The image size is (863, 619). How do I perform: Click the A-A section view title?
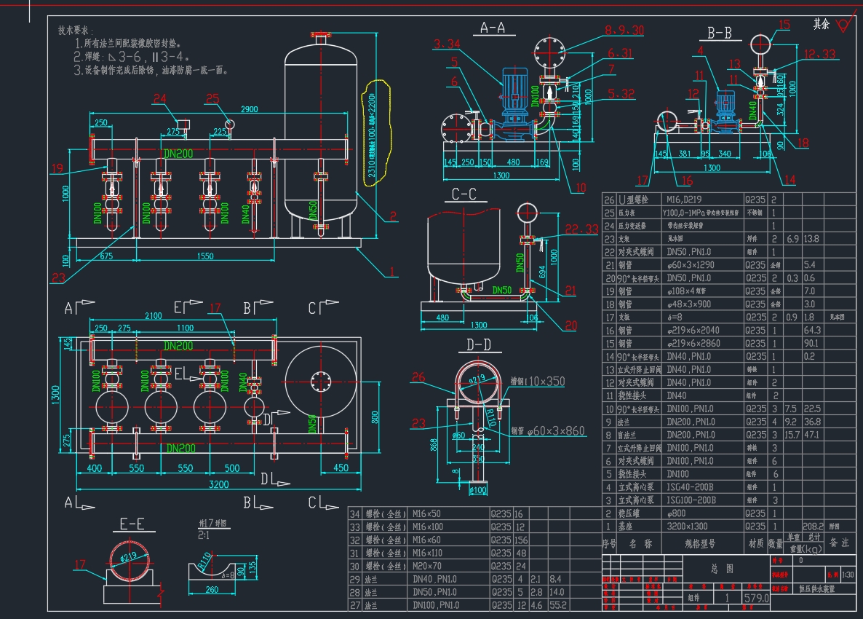click(493, 28)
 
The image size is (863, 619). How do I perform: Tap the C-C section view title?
click(464, 194)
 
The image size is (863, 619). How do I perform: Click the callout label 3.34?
click(446, 44)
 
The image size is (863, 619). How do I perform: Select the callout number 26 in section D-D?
click(437, 376)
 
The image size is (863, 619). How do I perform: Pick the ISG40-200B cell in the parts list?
click(688, 487)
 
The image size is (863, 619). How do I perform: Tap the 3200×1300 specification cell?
click(688, 527)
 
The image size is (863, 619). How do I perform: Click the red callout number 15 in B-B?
click(783, 25)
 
